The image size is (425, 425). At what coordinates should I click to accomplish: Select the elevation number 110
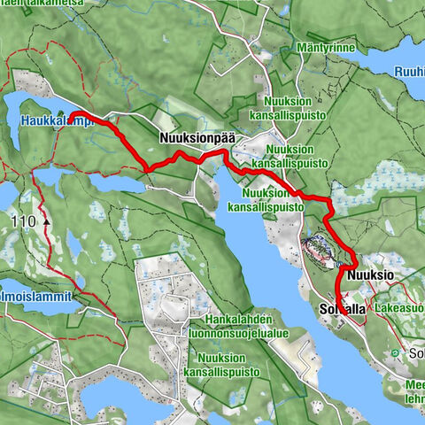click(26, 220)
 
